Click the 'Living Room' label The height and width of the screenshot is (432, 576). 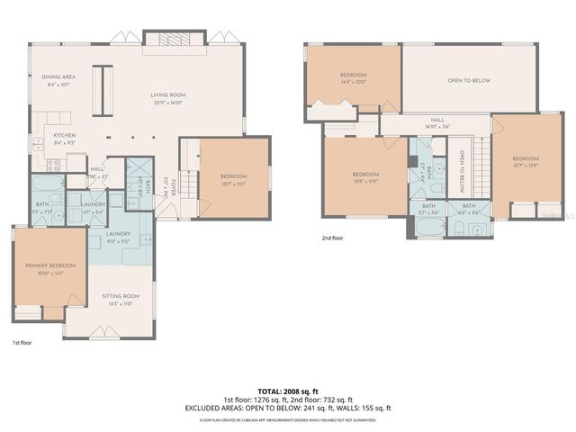point(167,94)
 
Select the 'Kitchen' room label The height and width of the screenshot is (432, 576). point(52,136)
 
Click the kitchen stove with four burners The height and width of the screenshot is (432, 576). point(52,165)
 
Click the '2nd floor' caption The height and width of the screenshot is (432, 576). point(332,238)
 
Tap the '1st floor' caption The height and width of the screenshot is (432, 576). point(22,343)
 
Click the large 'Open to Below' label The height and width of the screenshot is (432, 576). point(469,81)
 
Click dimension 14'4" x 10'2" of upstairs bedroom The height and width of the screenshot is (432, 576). point(352,81)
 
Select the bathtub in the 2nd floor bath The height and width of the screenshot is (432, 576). point(428,227)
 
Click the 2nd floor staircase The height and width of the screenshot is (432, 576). point(481,168)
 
